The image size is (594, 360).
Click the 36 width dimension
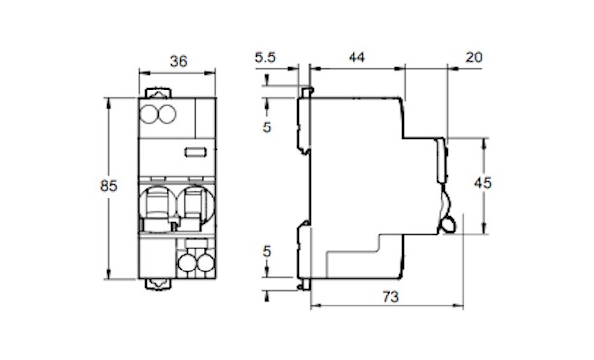(x=178, y=61)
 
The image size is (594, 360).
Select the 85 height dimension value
(x=109, y=186)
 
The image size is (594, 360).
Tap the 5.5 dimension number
(x=265, y=57)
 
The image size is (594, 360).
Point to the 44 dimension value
(x=356, y=57)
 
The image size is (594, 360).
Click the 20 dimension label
(x=474, y=57)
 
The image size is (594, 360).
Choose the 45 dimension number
(x=483, y=183)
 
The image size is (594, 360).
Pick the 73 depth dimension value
(x=390, y=297)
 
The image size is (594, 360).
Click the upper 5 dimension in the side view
(x=267, y=127)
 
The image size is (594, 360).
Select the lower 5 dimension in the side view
(x=267, y=251)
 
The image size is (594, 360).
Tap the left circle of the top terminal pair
(x=149, y=114)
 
